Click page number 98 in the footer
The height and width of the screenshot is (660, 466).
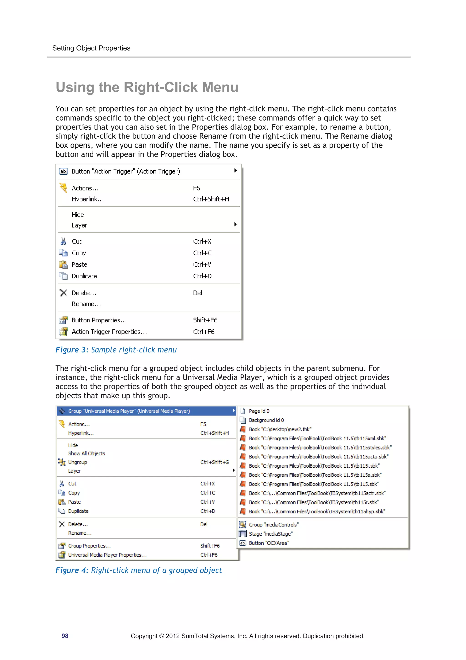(x=65, y=636)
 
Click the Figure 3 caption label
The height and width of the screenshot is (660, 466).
(x=72, y=350)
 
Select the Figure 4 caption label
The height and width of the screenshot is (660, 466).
(x=72, y=570)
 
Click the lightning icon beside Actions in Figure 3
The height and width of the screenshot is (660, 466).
(x=63, y=188)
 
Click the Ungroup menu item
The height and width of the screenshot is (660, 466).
(x=78, y=462)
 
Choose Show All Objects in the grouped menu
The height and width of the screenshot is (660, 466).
(x=86, y=453)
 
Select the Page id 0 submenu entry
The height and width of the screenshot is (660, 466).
(x=259, y=411)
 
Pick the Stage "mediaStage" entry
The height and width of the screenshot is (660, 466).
(x=271, y=534)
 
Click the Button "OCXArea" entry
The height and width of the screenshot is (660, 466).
(x=269, y=543)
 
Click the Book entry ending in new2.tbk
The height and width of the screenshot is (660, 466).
(x=280, y=429)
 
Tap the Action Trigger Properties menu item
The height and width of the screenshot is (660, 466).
(x=109, y=332)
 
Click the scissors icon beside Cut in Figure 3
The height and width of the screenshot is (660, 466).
(x=63, y=241)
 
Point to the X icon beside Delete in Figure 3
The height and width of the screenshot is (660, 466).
(x=63, y=293)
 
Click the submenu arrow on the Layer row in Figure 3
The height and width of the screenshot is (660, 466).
(x=236, y=224)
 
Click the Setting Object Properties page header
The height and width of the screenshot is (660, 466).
(x=91, y=48)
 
